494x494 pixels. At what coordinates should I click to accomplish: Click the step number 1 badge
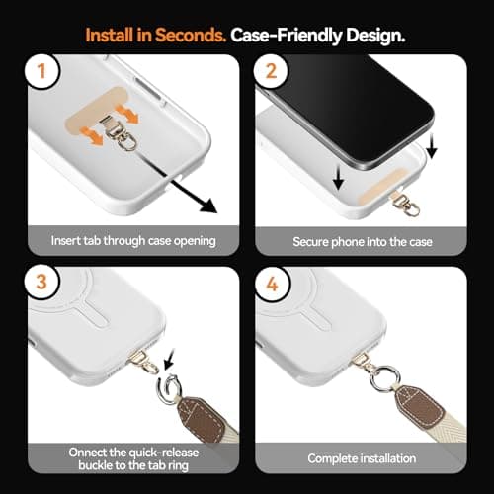pos(40,73)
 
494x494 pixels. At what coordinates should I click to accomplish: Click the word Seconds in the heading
pos(189,34)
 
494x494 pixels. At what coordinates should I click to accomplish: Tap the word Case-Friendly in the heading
pos(282,34)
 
